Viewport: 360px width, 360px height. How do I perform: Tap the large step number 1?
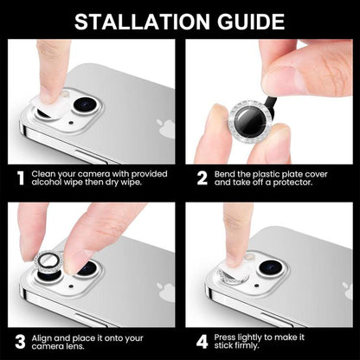click(18, 180)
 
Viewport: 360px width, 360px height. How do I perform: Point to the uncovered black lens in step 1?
click(85, 106)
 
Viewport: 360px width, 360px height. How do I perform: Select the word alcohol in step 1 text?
click(47, 183)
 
